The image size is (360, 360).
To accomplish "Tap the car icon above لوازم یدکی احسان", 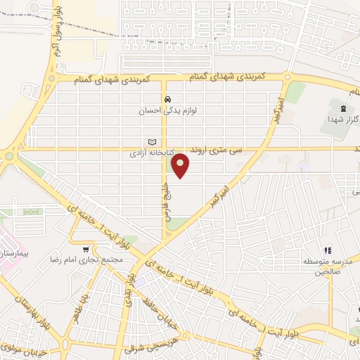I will (168, 99).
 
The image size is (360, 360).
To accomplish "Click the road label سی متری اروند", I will (221, 150).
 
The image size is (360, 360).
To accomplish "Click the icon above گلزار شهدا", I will (342, 108).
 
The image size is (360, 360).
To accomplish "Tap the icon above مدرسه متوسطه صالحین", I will (327, 251).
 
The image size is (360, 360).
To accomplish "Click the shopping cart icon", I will (86, 249).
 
